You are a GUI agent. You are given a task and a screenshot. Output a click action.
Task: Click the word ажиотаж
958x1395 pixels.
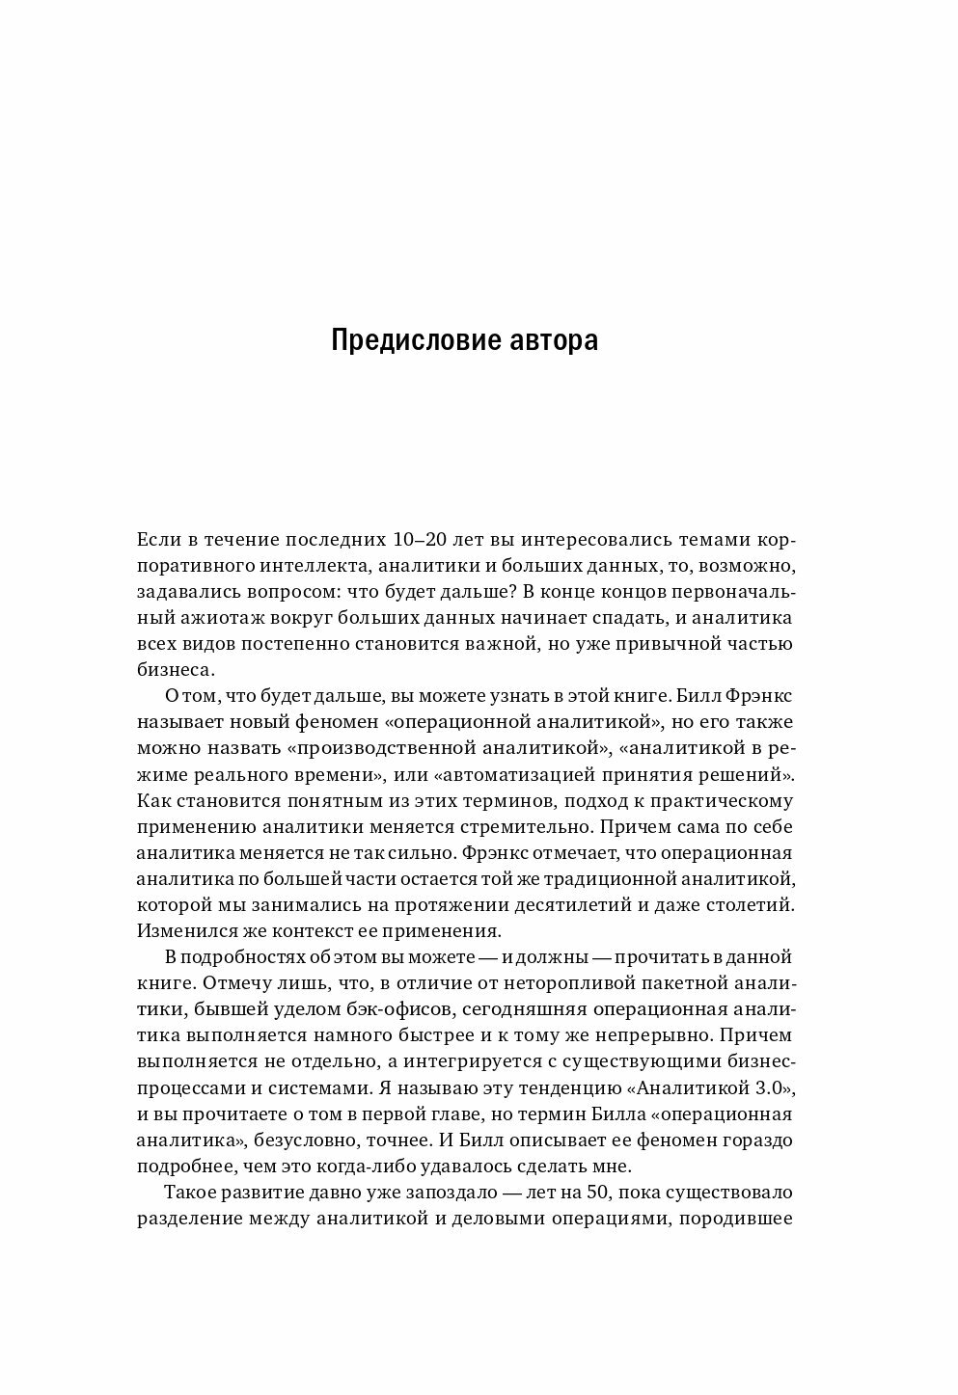click(213, 617)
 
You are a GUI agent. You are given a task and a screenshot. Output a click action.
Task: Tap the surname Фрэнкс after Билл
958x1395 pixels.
click(757, 696)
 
